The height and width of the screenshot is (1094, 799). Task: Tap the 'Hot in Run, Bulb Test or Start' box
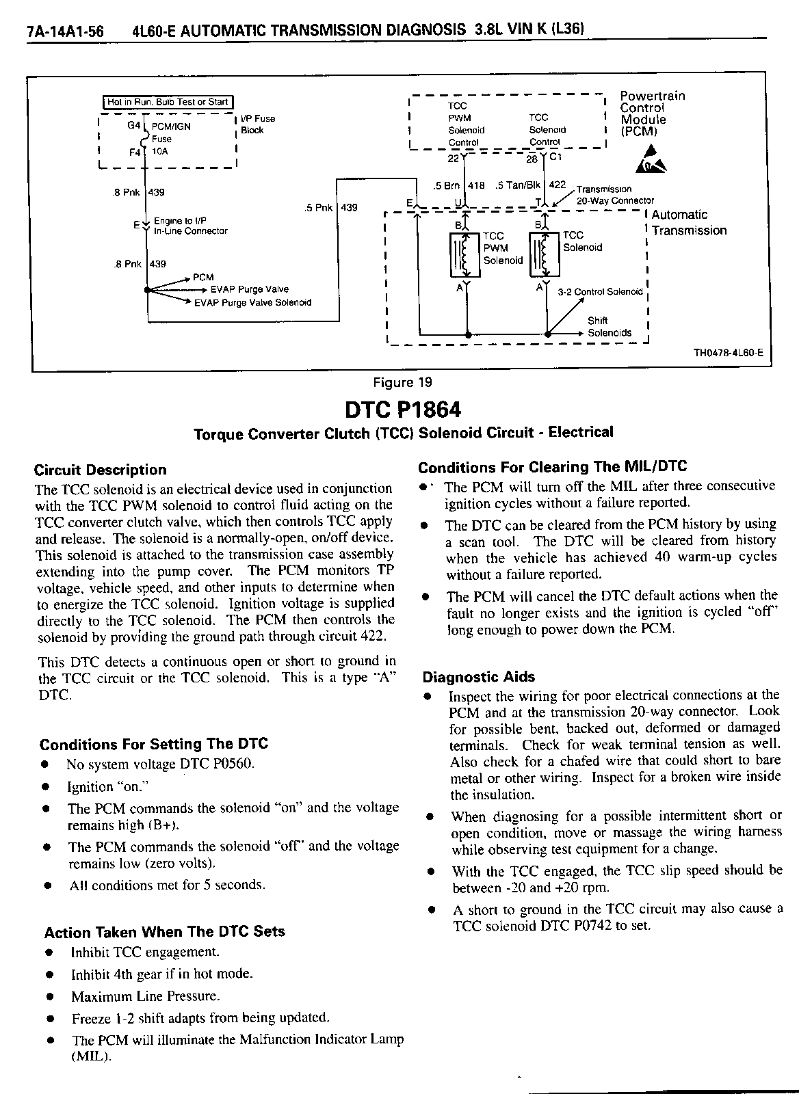click(168, 102)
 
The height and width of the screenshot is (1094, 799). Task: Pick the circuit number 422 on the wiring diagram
click(558, 185)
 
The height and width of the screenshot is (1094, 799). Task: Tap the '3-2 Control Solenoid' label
click(600, 292)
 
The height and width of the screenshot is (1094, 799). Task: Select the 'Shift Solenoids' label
click(610, 327)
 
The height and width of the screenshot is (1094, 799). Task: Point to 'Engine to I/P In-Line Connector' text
click(190, 226)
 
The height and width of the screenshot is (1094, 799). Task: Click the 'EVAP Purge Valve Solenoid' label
click(252, 302)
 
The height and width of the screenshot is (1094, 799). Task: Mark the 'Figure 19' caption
click(402, 383)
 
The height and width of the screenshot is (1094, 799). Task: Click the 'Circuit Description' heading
click(101, 470)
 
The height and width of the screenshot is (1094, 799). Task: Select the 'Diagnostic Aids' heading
click(479, 677)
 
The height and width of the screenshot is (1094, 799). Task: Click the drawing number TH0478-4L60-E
click(729, 353)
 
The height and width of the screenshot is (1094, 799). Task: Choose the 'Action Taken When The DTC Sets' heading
click(165, 931)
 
